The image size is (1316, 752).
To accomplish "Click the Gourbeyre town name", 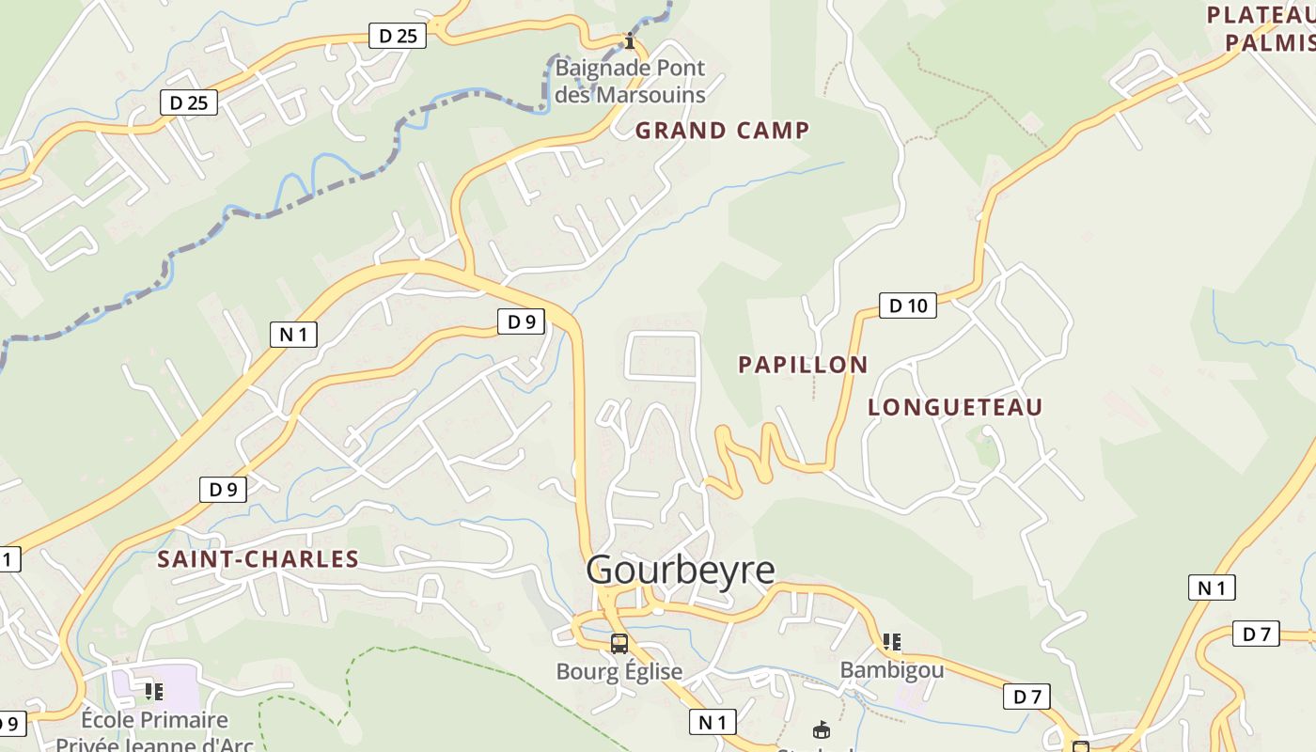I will (x=681, y=570).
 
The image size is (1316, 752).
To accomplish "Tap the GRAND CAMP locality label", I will (x=722, y=131).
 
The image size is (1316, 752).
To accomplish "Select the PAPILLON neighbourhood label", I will (x=803, y=365).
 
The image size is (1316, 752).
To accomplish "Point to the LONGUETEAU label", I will (x=955, y=407).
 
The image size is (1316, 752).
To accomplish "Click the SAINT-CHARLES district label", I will (x=258, y=559).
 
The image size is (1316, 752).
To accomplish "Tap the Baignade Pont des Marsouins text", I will (x=630, y=82).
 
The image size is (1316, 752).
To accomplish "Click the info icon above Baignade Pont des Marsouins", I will (x=630, y=41).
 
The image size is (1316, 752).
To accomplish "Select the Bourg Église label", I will (x=619, y=671).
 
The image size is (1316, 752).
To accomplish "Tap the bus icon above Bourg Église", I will (x=619, y=644).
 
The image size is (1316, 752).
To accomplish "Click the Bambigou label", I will (x=891, y=669).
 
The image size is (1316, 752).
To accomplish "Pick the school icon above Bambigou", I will (x=891, y=642).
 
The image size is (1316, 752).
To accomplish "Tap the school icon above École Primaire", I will (x=154, y=693).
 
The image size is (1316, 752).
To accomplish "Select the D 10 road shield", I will (x=908, y=305).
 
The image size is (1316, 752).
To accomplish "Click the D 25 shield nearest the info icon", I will (x=399, y=36).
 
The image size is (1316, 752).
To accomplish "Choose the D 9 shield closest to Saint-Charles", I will (x=223, y=489).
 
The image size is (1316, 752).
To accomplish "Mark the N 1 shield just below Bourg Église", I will (x=713, y=722).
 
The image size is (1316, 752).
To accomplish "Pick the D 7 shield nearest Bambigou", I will (x=1026, y=697).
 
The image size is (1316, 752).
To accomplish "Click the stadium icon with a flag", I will (x=822, y=729).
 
